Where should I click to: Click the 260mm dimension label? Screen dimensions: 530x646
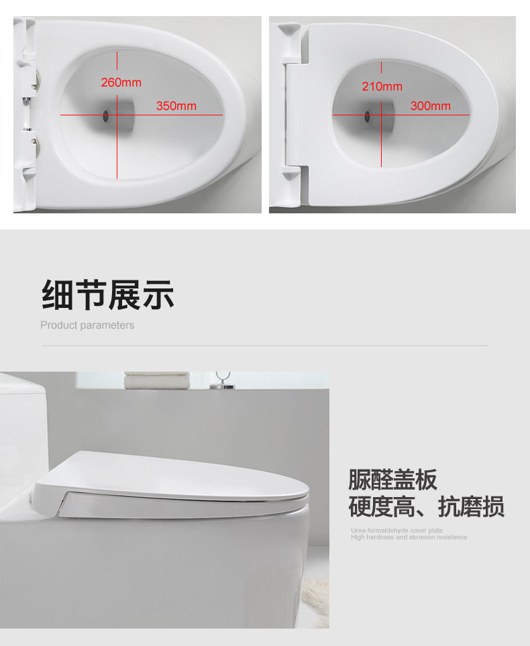121,83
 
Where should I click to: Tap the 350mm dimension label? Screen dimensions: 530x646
176,106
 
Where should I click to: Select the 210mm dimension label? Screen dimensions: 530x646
382,87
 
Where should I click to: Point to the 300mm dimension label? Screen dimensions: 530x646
430,106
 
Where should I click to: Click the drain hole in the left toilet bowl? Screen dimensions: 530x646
106,116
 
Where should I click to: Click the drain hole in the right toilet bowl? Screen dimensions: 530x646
368,117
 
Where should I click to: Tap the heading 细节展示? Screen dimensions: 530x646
108,294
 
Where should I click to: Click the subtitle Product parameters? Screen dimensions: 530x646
87,325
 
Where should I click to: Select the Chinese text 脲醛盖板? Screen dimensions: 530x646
392,480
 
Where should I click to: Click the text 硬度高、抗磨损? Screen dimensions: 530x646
427,506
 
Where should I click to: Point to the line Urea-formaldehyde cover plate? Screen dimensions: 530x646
397,530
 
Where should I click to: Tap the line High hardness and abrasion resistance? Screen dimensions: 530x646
409,537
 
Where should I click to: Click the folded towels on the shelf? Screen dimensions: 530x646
157,380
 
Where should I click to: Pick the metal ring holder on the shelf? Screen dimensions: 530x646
223,380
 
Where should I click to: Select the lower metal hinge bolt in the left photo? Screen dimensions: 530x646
36,146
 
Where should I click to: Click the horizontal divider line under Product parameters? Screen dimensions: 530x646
264,346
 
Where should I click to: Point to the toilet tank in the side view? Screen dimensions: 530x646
23,429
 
